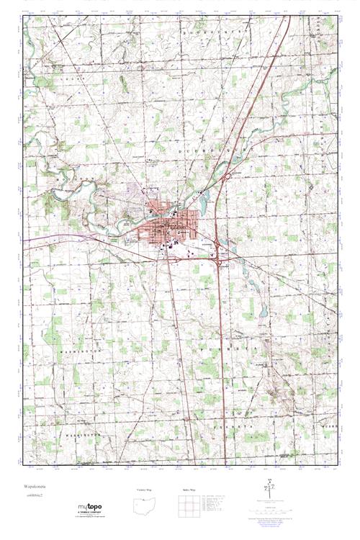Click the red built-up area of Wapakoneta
click(173, 223)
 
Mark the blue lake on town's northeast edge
click(204, 204)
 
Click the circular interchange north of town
click(226, 177)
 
